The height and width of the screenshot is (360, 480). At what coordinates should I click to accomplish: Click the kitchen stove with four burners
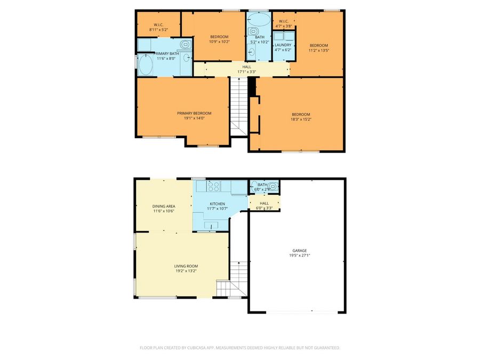tap(214, 186)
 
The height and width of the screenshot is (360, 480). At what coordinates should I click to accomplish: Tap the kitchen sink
tap(211, 226)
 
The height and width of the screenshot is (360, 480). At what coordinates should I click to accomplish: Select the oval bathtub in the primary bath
tap(146, 66)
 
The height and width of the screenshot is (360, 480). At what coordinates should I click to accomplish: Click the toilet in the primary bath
tap(185, 44)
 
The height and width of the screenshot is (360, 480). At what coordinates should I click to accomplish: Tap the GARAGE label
tap(299, 250)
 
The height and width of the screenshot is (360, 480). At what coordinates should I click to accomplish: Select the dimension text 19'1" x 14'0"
tap(194, 118)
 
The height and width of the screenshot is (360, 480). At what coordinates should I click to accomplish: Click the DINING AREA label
tap(164, 206)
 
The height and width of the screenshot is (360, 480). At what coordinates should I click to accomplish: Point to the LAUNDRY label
tap(283, 45)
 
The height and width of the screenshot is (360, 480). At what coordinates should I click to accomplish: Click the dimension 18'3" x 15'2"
tap(301, 119)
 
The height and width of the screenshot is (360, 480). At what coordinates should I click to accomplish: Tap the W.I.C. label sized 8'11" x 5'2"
tap(158, 25)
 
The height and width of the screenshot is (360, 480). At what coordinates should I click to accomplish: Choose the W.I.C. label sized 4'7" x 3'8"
tap(283, 21)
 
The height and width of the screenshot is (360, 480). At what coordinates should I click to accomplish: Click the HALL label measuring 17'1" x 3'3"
tap(246, 67)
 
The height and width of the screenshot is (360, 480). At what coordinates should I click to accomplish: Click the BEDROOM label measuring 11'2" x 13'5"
tap(319, 45)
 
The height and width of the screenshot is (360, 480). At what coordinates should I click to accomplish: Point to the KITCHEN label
tap(217, 204)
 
